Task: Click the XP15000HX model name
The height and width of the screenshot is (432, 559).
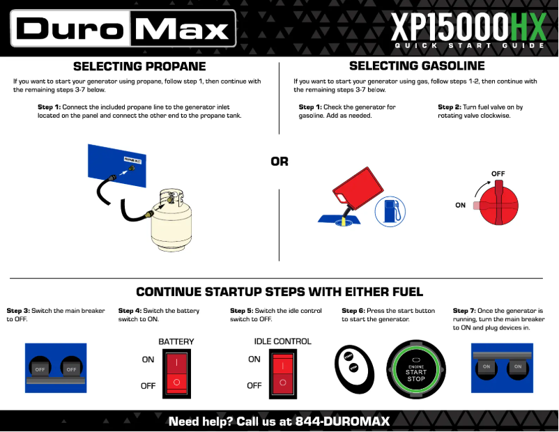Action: [x=467, y=27]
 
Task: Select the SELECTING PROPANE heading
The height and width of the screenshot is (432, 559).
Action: [x=139, y=67]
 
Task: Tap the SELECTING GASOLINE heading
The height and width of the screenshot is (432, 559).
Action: [x=417, y=66]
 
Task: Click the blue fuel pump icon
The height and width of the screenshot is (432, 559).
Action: [x=390, y=210]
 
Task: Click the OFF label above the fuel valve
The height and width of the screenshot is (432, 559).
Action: [x=498, y=173]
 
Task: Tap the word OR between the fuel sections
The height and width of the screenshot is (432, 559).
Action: [x=279, y=162]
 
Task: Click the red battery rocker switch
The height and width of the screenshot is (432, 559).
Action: [x=177, y=372]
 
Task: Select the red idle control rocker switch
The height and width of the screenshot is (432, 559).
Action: [x=282, y=372]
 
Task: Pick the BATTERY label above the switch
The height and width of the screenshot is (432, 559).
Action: [x=176, y=341]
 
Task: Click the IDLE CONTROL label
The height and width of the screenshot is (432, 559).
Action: [x=282, y=341]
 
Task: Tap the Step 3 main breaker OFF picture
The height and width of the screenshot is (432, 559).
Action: [x=55, y=367]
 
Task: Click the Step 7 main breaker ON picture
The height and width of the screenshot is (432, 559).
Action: [x=502, y=367]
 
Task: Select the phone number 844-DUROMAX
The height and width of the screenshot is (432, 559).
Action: [x=342, y=422]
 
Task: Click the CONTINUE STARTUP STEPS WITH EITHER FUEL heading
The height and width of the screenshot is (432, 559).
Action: [x=279, y=292]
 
